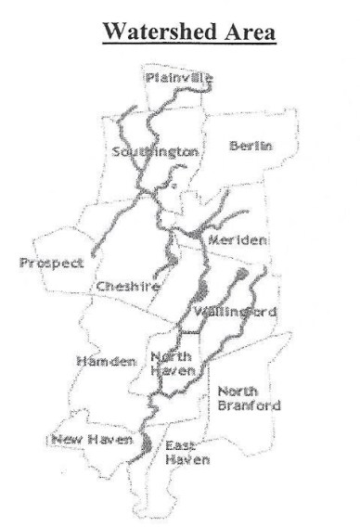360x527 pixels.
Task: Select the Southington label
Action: pyautogui.click(x=155, y=150)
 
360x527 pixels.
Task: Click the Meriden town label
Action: pyautogui.click(x=238, y=239)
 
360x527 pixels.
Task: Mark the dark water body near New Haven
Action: pyautogui.click(x=148, y=443)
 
